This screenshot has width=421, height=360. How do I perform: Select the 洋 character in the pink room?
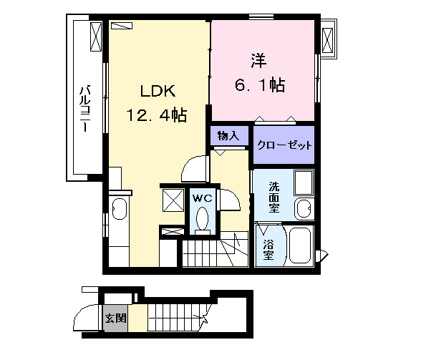click(259, 60)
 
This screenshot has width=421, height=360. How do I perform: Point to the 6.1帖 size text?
click(260, 85)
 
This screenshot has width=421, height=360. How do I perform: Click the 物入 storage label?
click(228, 135)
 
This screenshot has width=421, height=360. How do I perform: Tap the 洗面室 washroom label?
click(274, 197)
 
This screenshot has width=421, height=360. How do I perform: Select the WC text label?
click(200, 197)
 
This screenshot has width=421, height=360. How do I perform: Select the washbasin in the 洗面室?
click(304, 208)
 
